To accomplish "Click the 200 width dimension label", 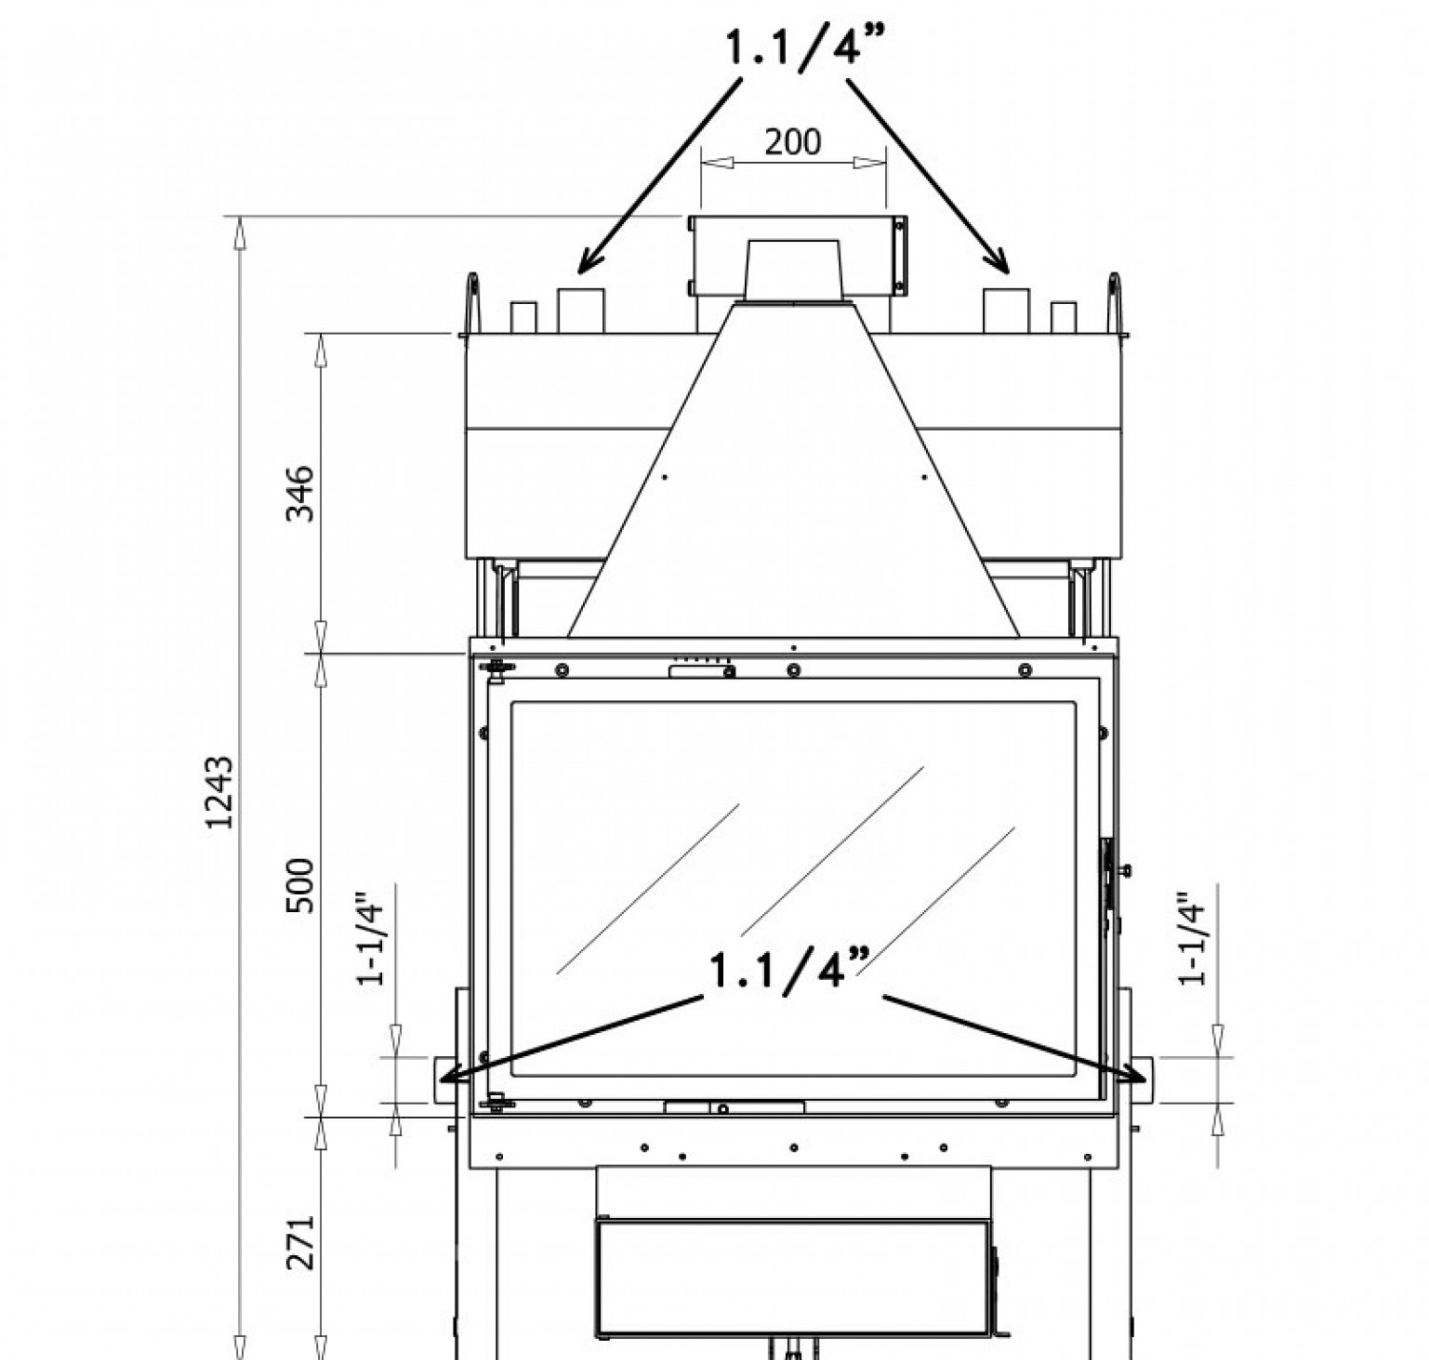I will (x=793, y=142).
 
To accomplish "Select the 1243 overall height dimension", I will (x=220, y=792).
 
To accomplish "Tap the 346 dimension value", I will (x=301, y=493).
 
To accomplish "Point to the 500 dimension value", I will (x=301, y=885).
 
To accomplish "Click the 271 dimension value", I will (x=301, y=1242).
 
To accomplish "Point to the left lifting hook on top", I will (x=472, y=303).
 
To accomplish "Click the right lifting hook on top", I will (x=1114, y=303).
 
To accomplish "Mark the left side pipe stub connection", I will (x=446, y=1080).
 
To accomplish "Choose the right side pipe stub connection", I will (x=1139, y=1080).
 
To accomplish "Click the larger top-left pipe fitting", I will (x=581, y=310).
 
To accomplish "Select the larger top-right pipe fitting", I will (x=1006, y=310).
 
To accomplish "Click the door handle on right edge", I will (x=1109, y=872).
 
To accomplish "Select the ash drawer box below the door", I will (x=793, y=1277).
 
